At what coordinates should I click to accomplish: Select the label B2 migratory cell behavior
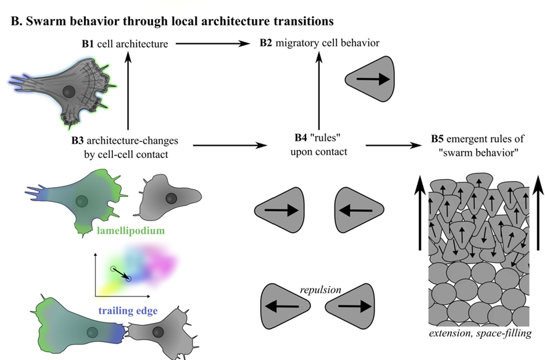[x=318, y=43]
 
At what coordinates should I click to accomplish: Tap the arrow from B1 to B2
[x=211, y=43]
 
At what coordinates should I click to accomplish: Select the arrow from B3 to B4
[x=230, y=146]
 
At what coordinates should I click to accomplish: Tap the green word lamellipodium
[x=130, y=231]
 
